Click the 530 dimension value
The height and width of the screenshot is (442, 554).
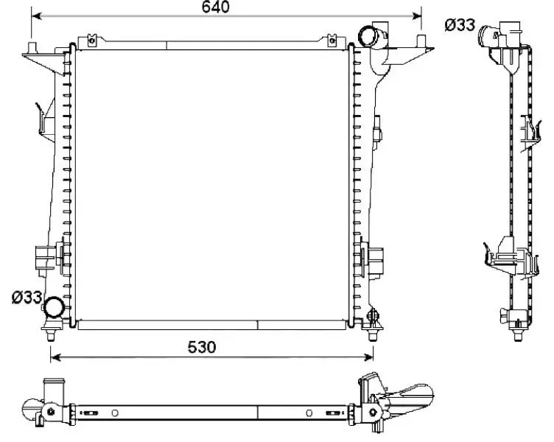(200, 347)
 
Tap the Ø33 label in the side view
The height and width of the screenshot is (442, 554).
(458, 25)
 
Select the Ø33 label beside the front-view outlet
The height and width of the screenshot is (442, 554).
(26, 298)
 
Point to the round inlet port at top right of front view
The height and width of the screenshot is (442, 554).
(368, 35)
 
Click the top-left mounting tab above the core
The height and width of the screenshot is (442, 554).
(92, 40)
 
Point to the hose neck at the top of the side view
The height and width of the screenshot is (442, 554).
(490, 33)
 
